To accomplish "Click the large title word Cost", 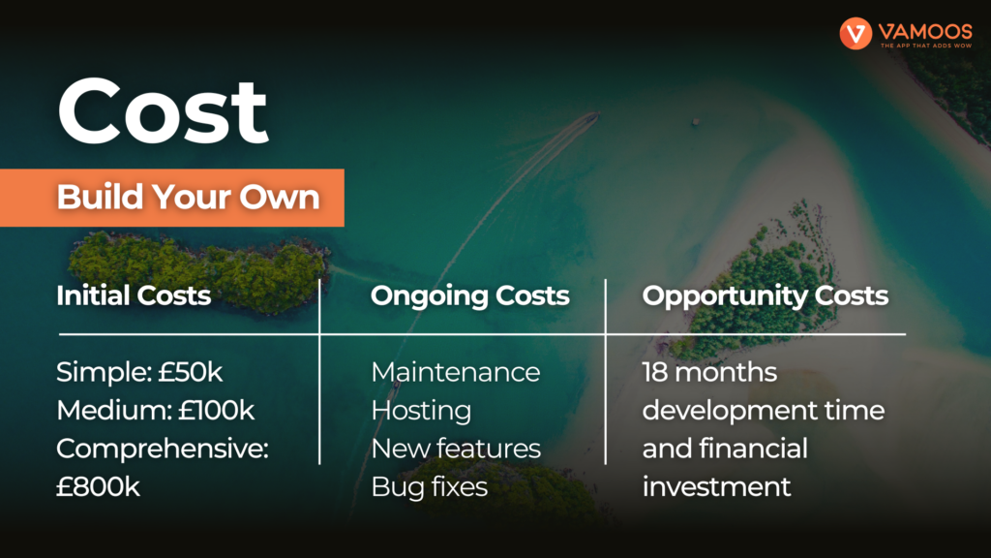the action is pos(163,111).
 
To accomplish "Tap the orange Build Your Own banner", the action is pos(172,198).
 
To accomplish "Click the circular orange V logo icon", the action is pos(856,33).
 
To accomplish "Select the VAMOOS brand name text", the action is pos(925,31).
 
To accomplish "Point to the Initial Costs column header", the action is pos(134,295).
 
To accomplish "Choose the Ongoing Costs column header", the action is pos(469,295).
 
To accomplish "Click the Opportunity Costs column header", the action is pos(765,296).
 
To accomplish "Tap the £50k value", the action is pos(191,372).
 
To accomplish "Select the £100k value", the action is pos(216,410).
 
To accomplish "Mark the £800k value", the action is pos(98,486).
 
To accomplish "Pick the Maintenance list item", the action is pos(456,372).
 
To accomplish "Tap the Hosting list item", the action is pos(421,411).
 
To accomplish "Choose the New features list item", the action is pos(456,449).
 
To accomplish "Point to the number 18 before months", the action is pos(655,372).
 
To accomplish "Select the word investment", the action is pos(716,486).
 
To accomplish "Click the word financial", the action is pos(753,449).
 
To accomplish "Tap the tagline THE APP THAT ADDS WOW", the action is pos(926,46).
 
